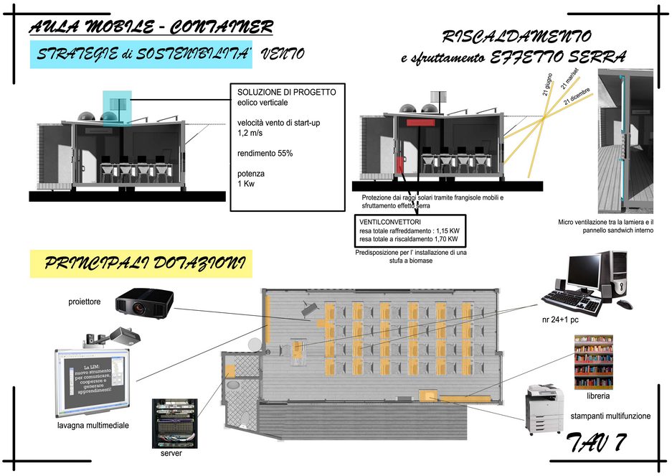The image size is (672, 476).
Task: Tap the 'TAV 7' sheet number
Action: pos(595,443)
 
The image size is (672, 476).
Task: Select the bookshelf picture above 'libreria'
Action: pos(593,362)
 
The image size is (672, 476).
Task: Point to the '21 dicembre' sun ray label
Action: pos(579,97)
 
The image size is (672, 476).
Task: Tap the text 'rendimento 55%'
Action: pos(265,153)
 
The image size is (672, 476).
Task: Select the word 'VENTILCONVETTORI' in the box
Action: pos(390,223)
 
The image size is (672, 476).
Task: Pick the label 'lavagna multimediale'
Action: pos(93,425)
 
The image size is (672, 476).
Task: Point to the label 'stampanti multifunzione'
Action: pos(610,416)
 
